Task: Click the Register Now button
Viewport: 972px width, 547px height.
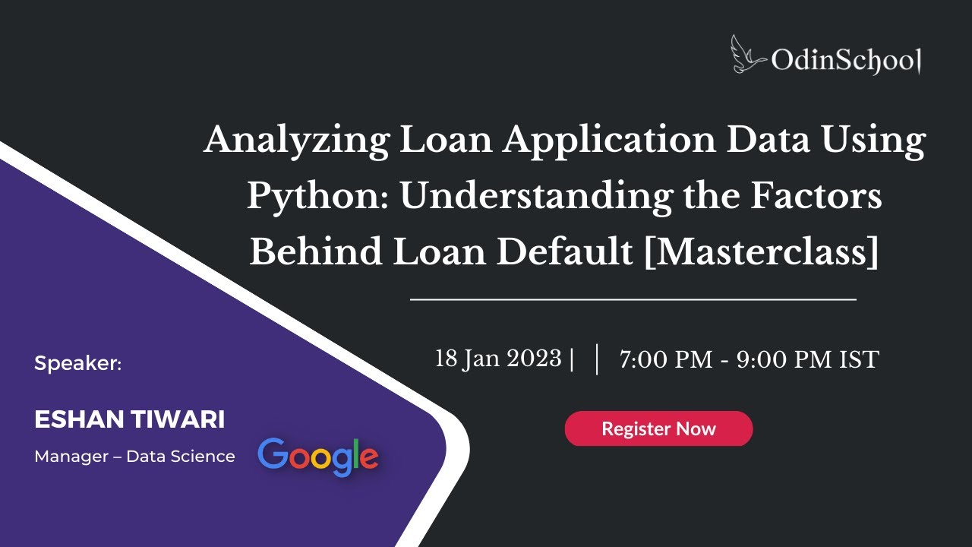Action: point(658,428)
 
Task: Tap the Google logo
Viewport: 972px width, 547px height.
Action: point(317,456)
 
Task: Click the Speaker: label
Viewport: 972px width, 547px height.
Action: point(78,364)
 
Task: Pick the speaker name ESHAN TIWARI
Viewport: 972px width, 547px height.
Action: point(130,419)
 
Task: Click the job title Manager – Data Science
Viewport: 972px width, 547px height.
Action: point(134,457)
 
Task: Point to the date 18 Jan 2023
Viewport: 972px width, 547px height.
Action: point(498,359)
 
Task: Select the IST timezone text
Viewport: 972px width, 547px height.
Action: point(858,359)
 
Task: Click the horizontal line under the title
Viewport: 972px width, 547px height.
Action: point(633,300)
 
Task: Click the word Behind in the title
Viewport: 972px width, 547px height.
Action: point(315,252)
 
